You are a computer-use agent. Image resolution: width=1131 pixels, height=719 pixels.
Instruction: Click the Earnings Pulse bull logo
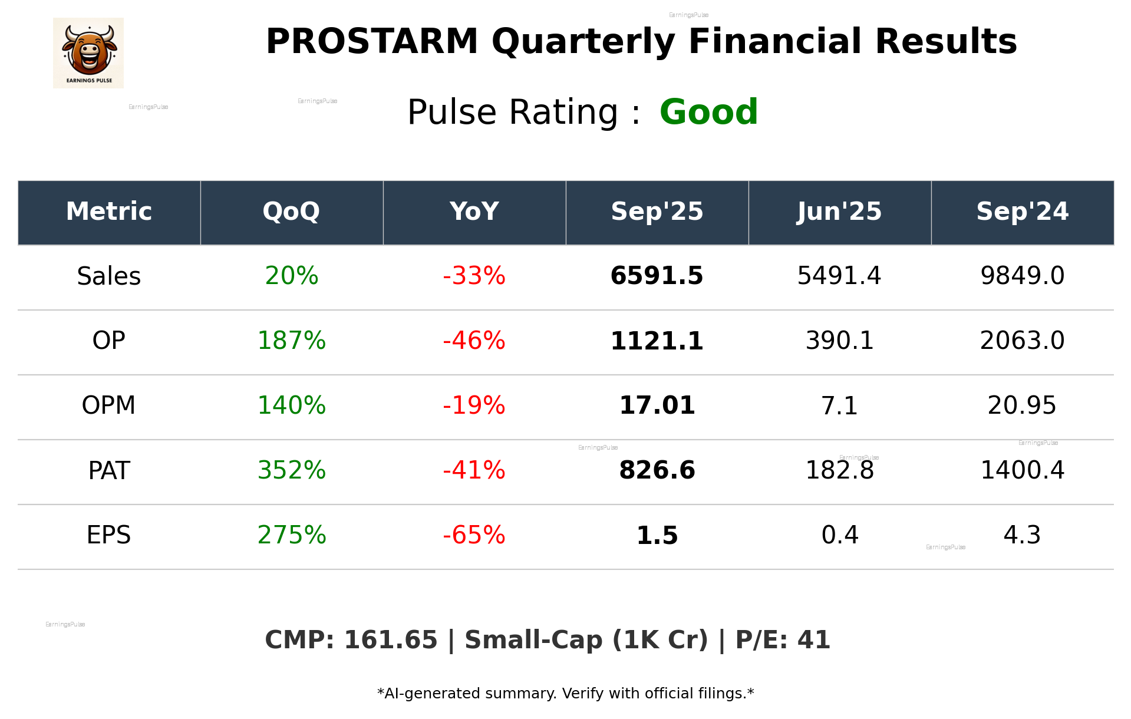click(88, 52)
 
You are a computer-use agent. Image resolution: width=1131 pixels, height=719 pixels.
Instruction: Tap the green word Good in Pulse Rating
click(708, 112)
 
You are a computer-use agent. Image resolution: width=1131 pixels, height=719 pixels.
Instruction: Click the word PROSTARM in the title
click(372, 42)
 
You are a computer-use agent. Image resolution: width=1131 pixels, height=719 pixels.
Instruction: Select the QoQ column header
click(292, 212)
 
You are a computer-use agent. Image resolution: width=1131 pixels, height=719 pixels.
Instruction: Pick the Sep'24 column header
click(1022, 212)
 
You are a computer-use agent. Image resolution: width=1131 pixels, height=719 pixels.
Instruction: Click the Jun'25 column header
click(839, 212)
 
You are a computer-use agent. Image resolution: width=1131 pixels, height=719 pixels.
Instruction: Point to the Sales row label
click(109, 276)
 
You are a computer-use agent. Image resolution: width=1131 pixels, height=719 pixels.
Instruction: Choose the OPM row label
click(109, 405)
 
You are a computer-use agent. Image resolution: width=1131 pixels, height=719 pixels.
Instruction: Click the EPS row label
click(109, 535)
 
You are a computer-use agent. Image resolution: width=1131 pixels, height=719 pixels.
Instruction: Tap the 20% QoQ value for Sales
click(292, 276)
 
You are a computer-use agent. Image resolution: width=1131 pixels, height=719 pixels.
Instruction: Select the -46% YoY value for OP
click(474, 341)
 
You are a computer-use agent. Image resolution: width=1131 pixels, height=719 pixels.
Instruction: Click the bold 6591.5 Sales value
click(657, 276)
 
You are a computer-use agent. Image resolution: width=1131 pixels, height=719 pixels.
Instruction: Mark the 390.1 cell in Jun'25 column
click(839, 341)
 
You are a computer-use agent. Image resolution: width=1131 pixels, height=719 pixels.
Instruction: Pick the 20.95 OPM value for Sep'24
click(1022, 405)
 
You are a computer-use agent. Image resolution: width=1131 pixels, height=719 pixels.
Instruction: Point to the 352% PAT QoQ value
click(292, 470)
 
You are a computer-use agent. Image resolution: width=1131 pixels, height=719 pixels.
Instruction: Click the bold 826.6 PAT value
click(657, 470)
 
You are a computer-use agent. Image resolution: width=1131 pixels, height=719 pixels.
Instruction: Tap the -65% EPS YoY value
click(474, 535)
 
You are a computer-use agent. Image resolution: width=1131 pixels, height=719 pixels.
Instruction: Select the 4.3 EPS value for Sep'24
click(1022, 535)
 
